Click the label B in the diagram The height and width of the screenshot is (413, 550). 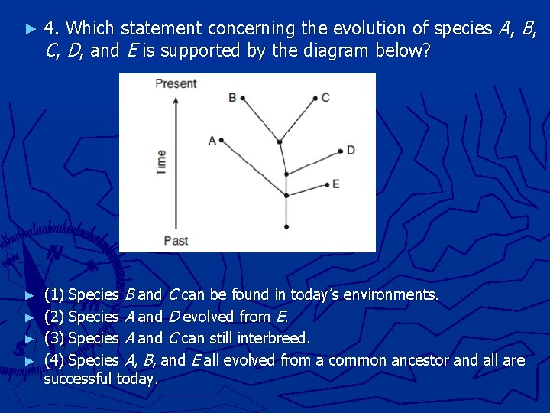click(232, 97)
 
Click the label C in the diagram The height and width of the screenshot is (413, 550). click(325, 97)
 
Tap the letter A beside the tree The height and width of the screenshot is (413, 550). click(212, 140)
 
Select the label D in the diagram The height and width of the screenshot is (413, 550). click(351, 150)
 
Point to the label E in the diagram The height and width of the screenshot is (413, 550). click(336, 184)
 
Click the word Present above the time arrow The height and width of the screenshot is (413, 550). click(176, 83)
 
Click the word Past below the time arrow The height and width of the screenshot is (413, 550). click(176, 241)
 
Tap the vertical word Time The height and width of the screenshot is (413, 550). click(161, 162)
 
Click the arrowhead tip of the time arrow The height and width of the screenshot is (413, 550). click(176, 96)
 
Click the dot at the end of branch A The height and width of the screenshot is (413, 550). click(221, 140)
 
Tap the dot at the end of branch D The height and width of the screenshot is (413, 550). click(341, 150)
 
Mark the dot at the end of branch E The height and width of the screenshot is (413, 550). click(326, 184)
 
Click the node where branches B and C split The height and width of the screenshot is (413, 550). click(280, 141)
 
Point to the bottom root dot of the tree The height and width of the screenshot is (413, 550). click(286, 226)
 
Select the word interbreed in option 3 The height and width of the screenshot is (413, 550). click(273, 338)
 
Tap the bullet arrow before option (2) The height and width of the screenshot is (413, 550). click(30, 317)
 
